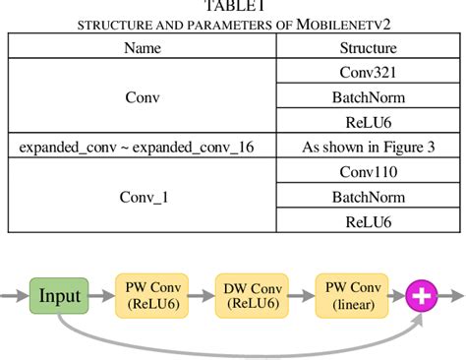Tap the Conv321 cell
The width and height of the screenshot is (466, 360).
click(x=368, y=72)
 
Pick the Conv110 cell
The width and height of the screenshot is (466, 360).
click(x=368, y=173)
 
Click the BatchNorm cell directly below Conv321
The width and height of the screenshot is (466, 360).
click(x=368, y=97)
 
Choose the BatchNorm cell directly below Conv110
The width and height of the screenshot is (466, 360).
click(x=368, y=198)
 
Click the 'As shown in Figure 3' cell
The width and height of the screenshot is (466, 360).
click(x=368, y=148)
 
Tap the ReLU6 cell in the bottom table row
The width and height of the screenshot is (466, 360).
click(x=368, y=222)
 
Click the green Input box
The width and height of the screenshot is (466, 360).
click(x=59, y=294)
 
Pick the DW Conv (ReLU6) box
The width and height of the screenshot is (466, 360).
click(x=249, y=294)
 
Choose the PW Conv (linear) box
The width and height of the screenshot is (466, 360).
click(x=348, y=294)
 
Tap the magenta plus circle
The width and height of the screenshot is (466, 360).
click(x=422, y=294)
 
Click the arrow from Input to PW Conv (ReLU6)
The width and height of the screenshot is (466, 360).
click(x=101, y=294)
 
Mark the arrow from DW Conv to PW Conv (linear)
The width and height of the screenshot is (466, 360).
click(x=298, y=294)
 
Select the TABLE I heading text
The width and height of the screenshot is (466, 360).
click(x=233, y=7)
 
